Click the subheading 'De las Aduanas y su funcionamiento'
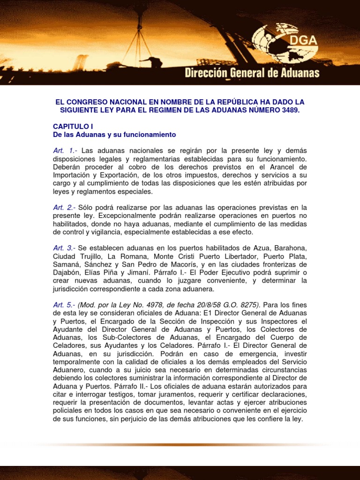coord(114,135)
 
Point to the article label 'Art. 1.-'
coord(65,150)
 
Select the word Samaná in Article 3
coord(67,264)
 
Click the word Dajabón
coord(67,272)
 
